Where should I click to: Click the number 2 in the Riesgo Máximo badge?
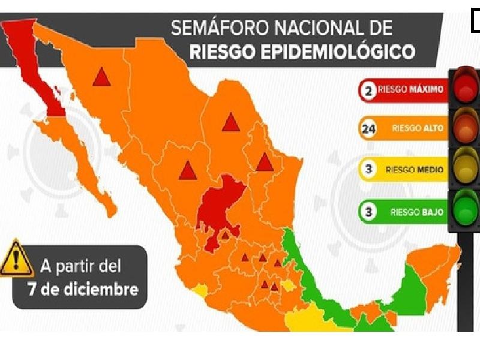click(367, 91)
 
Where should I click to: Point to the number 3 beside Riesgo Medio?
click(368, 169)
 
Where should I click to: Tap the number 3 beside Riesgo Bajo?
click(367, 211)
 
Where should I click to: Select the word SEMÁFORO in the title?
click(219, 28)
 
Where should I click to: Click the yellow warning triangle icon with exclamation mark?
click(16, 259)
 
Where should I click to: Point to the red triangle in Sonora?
click(101, 77)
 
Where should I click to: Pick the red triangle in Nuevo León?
click(264, 162)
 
